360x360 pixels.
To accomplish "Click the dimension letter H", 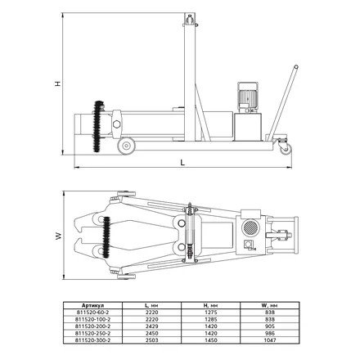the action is pos(58,83).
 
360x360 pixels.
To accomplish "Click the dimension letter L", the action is pos(182,162).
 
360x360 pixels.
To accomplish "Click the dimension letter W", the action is pos(58,236).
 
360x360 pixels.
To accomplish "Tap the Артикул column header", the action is pos(92,305).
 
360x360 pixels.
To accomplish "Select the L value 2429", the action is pos(152,326).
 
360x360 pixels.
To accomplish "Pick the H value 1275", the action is pos(211,313).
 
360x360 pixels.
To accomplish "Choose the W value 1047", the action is pos(270,340).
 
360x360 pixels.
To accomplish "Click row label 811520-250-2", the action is pos(92,333).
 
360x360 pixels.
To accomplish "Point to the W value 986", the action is pos(270,333).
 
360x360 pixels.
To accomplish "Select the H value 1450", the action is pos(211,340).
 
